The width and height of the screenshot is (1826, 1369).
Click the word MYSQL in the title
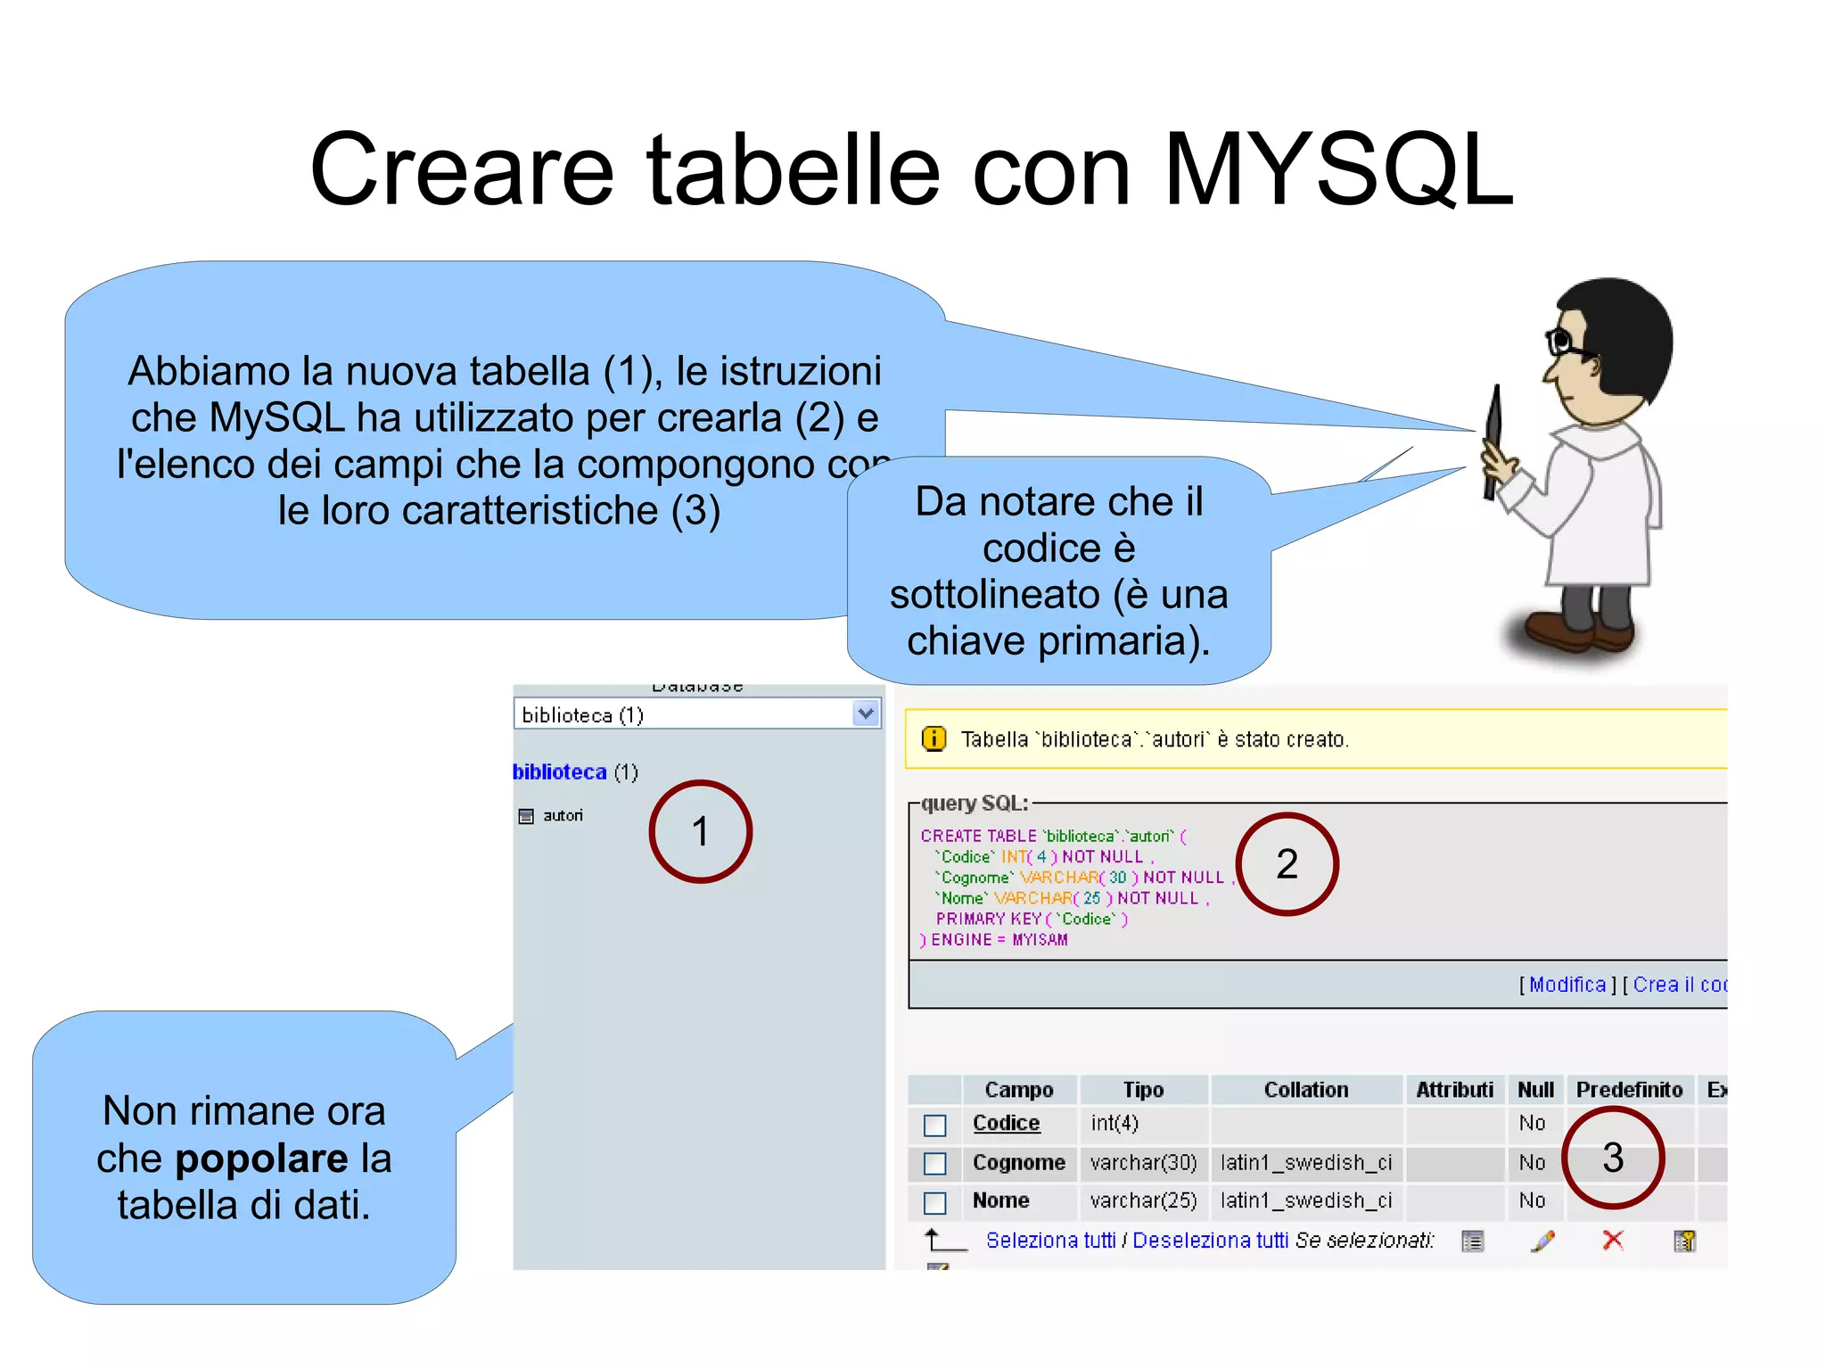[x=1337, y=169]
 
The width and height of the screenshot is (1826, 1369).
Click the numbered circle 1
[x=700, y=831]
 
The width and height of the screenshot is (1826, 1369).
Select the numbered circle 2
[x=1287, y=863]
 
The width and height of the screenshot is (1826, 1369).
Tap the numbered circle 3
[x=1613, y=1158]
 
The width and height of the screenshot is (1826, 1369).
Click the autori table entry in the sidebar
[x=562, y=815]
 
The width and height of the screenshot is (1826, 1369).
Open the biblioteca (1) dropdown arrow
[x=865, y=713]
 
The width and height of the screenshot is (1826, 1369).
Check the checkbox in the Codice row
[x=934, y=1125]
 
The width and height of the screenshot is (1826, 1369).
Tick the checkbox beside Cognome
[x=934, y=1164]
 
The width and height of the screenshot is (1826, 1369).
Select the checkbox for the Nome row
[x=934, y=1202]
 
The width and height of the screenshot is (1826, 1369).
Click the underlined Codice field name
[x=1006, y=1123]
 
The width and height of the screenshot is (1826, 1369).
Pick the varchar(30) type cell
[x=1143, y=1162]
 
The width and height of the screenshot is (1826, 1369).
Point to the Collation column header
[x=1305, y=1089]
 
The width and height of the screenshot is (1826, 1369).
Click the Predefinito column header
[x=1629, y=1089]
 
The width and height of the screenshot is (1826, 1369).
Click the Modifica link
[x=1567, y=984]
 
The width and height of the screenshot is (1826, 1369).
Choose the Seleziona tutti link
[x=1050, y=1240]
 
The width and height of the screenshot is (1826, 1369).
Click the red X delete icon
[x=1612, y=1240]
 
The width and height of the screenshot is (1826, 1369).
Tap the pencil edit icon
[x=1542, y=1241]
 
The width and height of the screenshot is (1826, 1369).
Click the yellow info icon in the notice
[x=933, y=738]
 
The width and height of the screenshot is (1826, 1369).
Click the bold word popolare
[x=261, y=1158]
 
